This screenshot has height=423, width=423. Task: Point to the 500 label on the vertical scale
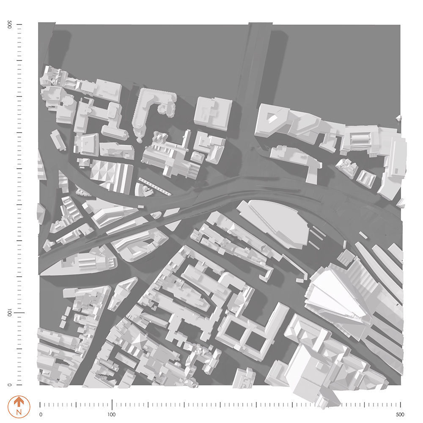click(x=9, y=25)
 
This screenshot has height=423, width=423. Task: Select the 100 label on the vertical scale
click(x=9, y=313)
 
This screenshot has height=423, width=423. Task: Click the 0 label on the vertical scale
click(x=9, y=385)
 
